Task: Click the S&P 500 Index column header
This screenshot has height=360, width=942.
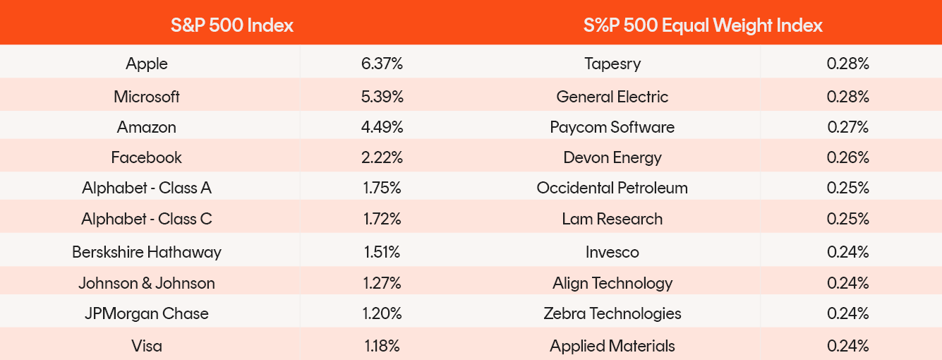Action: (x=231, y=25)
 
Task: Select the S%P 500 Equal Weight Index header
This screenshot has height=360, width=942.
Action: (x=703, y=25)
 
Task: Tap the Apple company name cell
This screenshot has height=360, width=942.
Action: (x=147, y=64)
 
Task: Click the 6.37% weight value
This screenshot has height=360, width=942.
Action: (x=382, y=64)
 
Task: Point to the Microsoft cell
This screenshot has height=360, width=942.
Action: (x=147, y=97)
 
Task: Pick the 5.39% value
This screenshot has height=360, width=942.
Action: (x=382, y=97)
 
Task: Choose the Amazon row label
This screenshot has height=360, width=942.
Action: (x=147, y=127)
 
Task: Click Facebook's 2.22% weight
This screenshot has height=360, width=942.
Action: (x=382, y=157)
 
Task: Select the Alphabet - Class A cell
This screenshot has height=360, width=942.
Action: (x=147, y=188)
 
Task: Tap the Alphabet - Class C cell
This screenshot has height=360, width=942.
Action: (x=147, y=219)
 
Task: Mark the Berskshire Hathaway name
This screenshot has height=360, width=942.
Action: (x=147, y=252)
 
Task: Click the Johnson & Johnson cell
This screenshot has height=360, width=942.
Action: (x=147, y=283)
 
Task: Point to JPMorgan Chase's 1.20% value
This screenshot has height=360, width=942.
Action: (x=382, y=313)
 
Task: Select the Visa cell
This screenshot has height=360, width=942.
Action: (x=147, y=346)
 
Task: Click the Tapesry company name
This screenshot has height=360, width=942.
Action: (x=612, y=64)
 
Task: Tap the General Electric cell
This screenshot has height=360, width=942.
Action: (x=612, y=97)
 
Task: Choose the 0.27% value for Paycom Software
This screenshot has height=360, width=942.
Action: (x=848, y=127)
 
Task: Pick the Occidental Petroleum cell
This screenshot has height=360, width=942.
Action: (x=612, y=188)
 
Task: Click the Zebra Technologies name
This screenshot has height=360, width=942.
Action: (x=612, y=313)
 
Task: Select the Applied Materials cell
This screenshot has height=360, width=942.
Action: (x=612, y=346)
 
